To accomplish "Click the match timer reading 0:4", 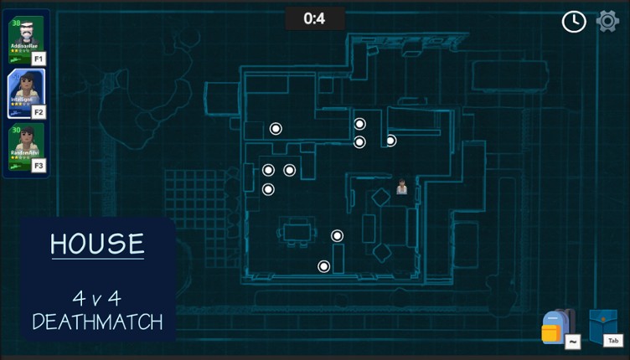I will (314, 18).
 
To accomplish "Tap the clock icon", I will (574, 22).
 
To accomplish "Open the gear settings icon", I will (607, 21).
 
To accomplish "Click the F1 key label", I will (39, 59).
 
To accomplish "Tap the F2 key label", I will (39, 111).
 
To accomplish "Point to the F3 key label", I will (39, 165).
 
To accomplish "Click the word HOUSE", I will (97, 244).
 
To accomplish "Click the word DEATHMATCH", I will (97, 321).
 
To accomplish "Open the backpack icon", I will (555, 327).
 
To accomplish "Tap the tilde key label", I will (573, 342).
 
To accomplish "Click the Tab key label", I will (613, 341).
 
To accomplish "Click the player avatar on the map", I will (402, 187).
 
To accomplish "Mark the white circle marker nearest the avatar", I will (390, 141).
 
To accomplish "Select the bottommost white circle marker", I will (323, 266).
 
